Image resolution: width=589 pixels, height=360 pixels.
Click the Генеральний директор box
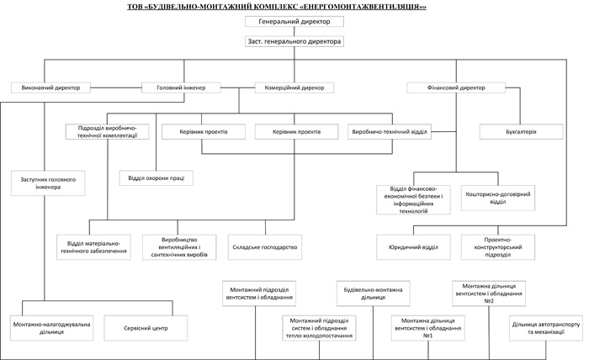[x=294, y=21]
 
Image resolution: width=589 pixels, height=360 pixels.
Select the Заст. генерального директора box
[x=294, y=41]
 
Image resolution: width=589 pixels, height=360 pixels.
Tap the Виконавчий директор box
[x=50, y=87]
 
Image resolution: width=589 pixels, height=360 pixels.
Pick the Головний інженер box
[x=181, y=87]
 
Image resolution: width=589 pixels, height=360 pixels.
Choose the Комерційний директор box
[x=294, y=87]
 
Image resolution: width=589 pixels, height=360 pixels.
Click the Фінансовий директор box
[x=456, y=87]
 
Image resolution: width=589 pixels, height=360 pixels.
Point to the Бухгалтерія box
[x=521, y=132]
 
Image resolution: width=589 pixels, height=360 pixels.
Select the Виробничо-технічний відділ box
[x=390, y=132]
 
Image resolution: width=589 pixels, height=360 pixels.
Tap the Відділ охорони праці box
[x=157, y=178]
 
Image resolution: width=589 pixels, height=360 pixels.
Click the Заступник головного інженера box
[x=48, y=183]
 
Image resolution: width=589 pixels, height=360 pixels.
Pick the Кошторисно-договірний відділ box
[x=498, y=198]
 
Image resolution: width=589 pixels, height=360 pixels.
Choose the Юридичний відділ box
[x=413, y=247]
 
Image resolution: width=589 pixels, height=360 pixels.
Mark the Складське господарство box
[x=265, y=247]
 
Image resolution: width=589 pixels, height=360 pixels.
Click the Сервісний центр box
[x=146, y=328]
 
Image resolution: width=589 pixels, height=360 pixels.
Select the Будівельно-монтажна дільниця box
[x=373, y=294]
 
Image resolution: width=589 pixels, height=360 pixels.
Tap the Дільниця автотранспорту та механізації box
[x=546, y=328]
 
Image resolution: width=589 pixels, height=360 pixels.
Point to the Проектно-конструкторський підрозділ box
[x=498, y=247]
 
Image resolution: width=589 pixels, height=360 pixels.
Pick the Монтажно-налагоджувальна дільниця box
[x=52, y=328]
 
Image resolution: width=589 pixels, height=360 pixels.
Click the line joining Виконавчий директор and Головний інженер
[x=116, y=87]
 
